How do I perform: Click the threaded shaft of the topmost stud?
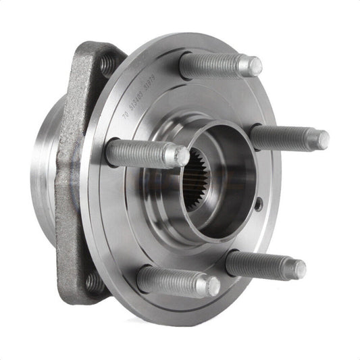pyautogui.click(x=213, y=65)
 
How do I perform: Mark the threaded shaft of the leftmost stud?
pyautogui.click(x=138, y=153)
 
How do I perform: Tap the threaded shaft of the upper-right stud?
pyautogui.click(x=284, y=138)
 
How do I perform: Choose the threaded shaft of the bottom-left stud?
pyautogui.click(x=172, y=280)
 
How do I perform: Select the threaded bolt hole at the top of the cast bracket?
pyautogui.click(x=107, y=65)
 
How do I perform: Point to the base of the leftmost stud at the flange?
pyautogui.click(x=111, y=152)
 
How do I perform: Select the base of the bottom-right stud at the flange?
pyautogui.click(x=231, y=261)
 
